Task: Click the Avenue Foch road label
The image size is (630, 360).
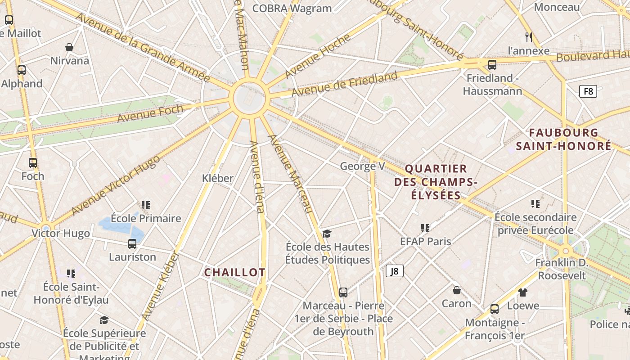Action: point(150,113)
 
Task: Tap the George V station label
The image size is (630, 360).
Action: point(362,166)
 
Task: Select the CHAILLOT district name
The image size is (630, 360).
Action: point(234,272)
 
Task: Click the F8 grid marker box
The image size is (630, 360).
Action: point(588,91)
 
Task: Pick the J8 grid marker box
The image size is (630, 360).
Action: point(394,271)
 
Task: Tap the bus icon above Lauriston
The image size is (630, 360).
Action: point(132,244)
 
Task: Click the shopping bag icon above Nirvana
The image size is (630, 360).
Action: point(69,47)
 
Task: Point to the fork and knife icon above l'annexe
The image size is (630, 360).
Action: point(529,37)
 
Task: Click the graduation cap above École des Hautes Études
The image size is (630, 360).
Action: point(327,234)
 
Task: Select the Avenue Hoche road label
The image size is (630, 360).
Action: point(317,56)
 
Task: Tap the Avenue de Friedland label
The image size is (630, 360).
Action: point(345,84)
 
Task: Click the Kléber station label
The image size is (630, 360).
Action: point(218,178)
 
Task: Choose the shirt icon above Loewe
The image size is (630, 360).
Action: point(522,292)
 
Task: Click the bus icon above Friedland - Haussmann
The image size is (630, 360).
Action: point(492,65)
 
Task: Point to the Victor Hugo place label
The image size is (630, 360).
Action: point(61,233)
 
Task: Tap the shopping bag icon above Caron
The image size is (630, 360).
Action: point(457,290)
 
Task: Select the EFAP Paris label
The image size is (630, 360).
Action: point(425,241)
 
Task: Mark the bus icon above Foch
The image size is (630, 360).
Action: point(33,163)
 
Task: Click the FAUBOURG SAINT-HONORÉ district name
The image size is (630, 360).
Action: point(563,139)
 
